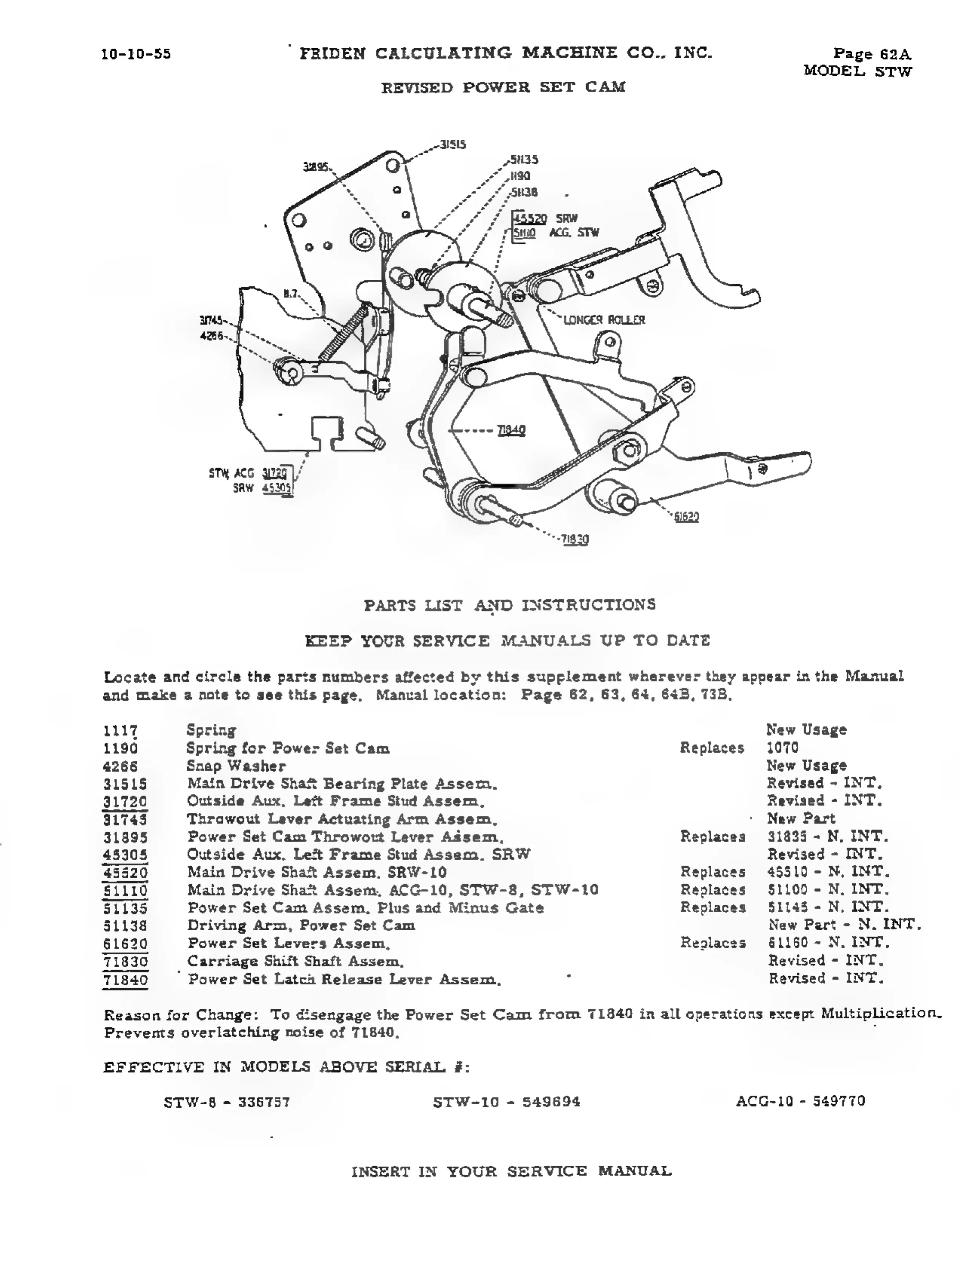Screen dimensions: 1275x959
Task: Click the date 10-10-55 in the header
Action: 136,54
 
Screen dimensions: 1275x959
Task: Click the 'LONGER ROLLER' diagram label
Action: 604,320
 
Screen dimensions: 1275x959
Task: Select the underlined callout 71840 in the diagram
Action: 512,430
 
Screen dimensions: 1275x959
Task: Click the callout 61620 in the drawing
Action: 686,517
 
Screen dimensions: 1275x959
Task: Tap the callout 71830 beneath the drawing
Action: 576,540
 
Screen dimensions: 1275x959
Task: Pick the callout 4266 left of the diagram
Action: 211,335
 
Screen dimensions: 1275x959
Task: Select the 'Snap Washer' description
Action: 236,766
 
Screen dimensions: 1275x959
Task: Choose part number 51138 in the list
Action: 125,926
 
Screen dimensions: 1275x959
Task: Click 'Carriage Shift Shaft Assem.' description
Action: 295,962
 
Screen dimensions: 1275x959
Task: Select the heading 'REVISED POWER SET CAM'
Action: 503,88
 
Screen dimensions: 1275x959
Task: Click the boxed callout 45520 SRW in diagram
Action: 530,219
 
